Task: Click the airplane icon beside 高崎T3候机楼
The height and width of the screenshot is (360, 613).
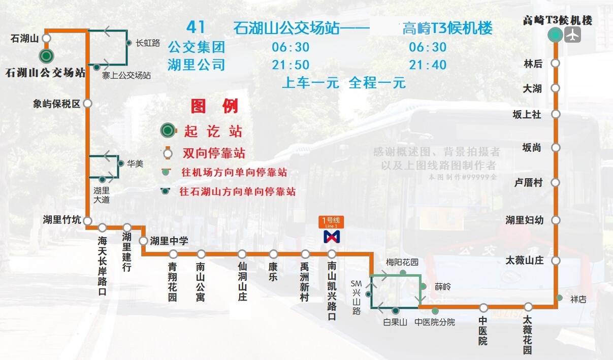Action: coord(573,35)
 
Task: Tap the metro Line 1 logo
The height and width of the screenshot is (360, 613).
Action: coord(332,236)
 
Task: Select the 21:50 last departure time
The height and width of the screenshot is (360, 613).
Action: coord(291,65)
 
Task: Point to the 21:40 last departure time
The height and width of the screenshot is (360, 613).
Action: coord(428,65)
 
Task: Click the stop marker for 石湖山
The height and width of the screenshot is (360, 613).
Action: coord(47,38)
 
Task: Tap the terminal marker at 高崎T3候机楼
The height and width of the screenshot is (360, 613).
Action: coord(556,35)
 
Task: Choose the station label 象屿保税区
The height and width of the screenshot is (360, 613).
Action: coord(56,104)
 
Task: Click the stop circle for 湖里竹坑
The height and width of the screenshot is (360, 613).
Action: coord(87,221)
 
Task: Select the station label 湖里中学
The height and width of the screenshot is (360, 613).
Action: coord(169,241)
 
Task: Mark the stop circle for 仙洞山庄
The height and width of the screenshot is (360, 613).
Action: coord(242,254)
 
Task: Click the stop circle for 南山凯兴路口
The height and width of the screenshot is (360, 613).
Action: coord(332,254)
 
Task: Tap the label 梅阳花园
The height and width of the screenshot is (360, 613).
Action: coord(402,263)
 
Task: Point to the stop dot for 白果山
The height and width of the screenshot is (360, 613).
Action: coord(396,310)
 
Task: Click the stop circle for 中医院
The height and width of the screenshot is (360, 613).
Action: coord(483,307)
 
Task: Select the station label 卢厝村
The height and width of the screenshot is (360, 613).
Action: coord(528,183)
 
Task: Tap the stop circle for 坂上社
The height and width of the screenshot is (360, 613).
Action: coord(556,114)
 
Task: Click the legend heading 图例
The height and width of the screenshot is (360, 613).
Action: coord(214,107)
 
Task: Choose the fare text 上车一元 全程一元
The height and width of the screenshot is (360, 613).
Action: coord(344,83)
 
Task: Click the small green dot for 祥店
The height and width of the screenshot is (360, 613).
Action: coord(559,298)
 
